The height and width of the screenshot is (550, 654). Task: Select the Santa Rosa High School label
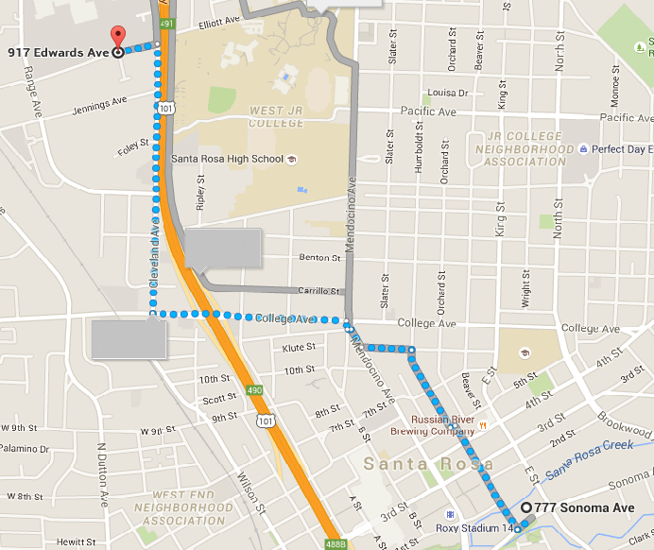227,159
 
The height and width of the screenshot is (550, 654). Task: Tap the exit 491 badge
166,24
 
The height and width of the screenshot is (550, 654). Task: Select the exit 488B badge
334,543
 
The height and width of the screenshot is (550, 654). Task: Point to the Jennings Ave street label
99,107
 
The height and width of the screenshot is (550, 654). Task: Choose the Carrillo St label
319,291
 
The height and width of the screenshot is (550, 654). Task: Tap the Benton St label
319,257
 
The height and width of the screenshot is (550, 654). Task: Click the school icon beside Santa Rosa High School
292,159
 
